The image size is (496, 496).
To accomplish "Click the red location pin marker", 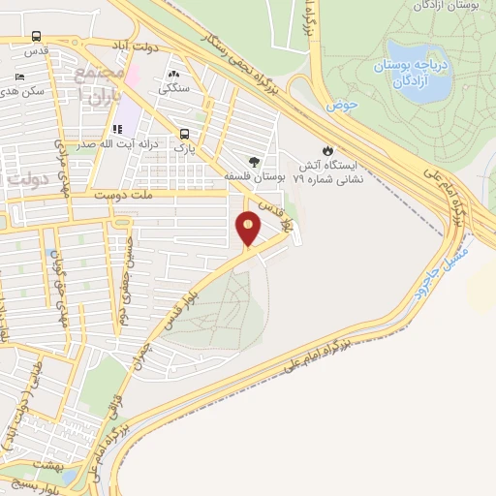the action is click(x=249, y=230).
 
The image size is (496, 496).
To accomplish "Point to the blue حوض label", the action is click(x=336, y=104).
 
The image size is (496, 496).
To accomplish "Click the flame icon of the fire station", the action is click(x=326, y=150).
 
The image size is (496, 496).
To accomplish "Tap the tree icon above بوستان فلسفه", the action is click(x=255, y=162).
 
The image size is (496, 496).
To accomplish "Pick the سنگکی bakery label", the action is click(x=174, y=87).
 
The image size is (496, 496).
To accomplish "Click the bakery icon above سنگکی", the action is click(x=174, y=73).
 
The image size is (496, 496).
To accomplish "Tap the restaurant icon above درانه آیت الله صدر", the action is click(x=117, y=129).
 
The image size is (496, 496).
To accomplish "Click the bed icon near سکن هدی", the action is click(x=20, y=77).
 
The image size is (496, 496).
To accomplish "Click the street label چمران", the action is click(x=138, y=350).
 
